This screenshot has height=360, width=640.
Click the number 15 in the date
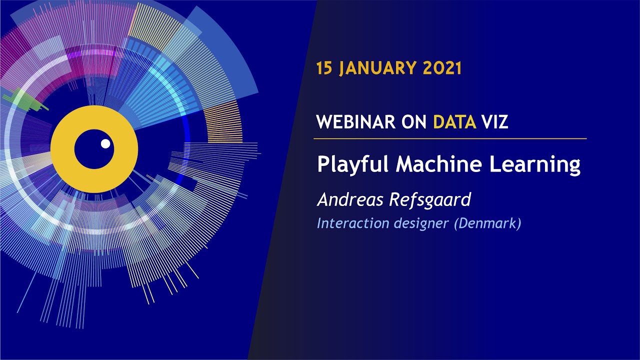tap(324, 67)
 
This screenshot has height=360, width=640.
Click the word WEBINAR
tap(356, 121)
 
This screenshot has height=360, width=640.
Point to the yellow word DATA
tap(454, 121)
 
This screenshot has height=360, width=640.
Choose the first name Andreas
tap(349, 199)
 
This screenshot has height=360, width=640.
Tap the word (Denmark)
tap(487, 223)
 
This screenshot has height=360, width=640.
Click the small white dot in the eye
tap(105, 144)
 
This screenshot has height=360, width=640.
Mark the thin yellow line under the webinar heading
tap(450, 138)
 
